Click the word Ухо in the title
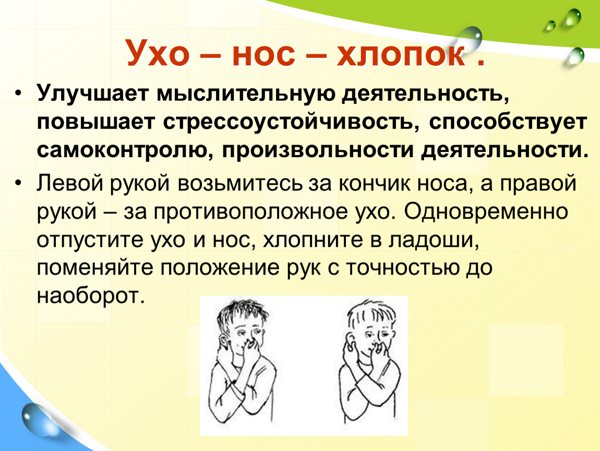(x=157, y=53)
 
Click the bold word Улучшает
(x=92, y=93)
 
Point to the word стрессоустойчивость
(x=291, y=122)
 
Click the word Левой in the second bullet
(x=70, y=183)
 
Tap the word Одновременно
(x=486, y=212)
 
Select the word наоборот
(x=91, y=296)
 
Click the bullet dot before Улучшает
(x=18, y=94)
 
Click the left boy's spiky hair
(x=241, y=314)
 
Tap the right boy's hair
(x=370, y=313)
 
